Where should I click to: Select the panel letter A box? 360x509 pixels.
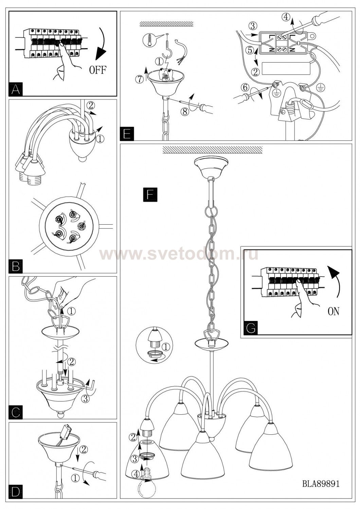pos(16,89)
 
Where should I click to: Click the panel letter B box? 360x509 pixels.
pos(16,266)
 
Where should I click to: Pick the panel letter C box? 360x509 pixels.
pos(16,412)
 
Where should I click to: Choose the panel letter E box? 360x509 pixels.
pos(127,134)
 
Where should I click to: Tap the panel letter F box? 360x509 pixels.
pos(150,195)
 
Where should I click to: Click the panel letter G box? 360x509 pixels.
pos(251,328)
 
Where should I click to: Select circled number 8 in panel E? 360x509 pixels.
pos(185,112)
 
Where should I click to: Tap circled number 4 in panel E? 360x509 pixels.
pos(286,17)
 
